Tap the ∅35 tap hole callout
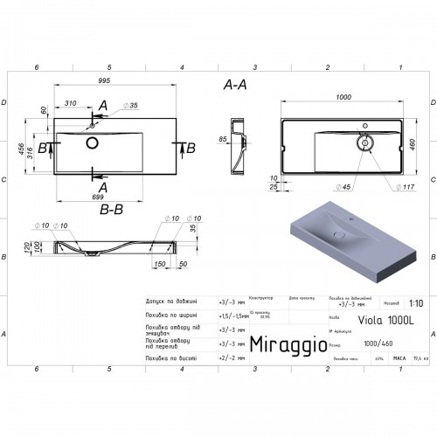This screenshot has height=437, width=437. [x=131, y=105]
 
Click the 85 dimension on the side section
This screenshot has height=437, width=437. [x=223, y=138]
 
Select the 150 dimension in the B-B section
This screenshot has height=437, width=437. [x=161, y=263]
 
